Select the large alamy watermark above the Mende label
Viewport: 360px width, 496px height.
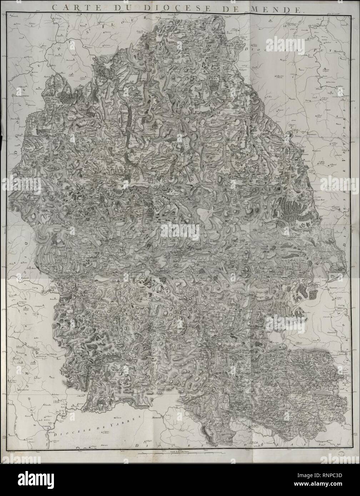(180, 231)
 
